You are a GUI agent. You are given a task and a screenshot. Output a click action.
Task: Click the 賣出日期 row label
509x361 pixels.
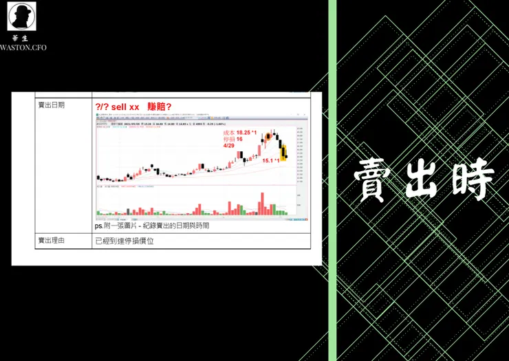coord(52,105)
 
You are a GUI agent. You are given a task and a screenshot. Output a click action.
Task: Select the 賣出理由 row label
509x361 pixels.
coord(52,241)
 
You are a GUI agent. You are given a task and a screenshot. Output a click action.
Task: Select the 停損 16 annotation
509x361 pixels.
coord(234,138)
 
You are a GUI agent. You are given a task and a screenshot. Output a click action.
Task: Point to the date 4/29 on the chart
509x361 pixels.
coord(230,145)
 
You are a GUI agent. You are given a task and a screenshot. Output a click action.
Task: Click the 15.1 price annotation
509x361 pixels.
coord(270,160)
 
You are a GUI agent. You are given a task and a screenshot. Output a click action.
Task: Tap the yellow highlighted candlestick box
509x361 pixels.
coord(283,151)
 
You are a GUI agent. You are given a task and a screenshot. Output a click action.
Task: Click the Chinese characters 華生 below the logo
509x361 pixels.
coord(22,39)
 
